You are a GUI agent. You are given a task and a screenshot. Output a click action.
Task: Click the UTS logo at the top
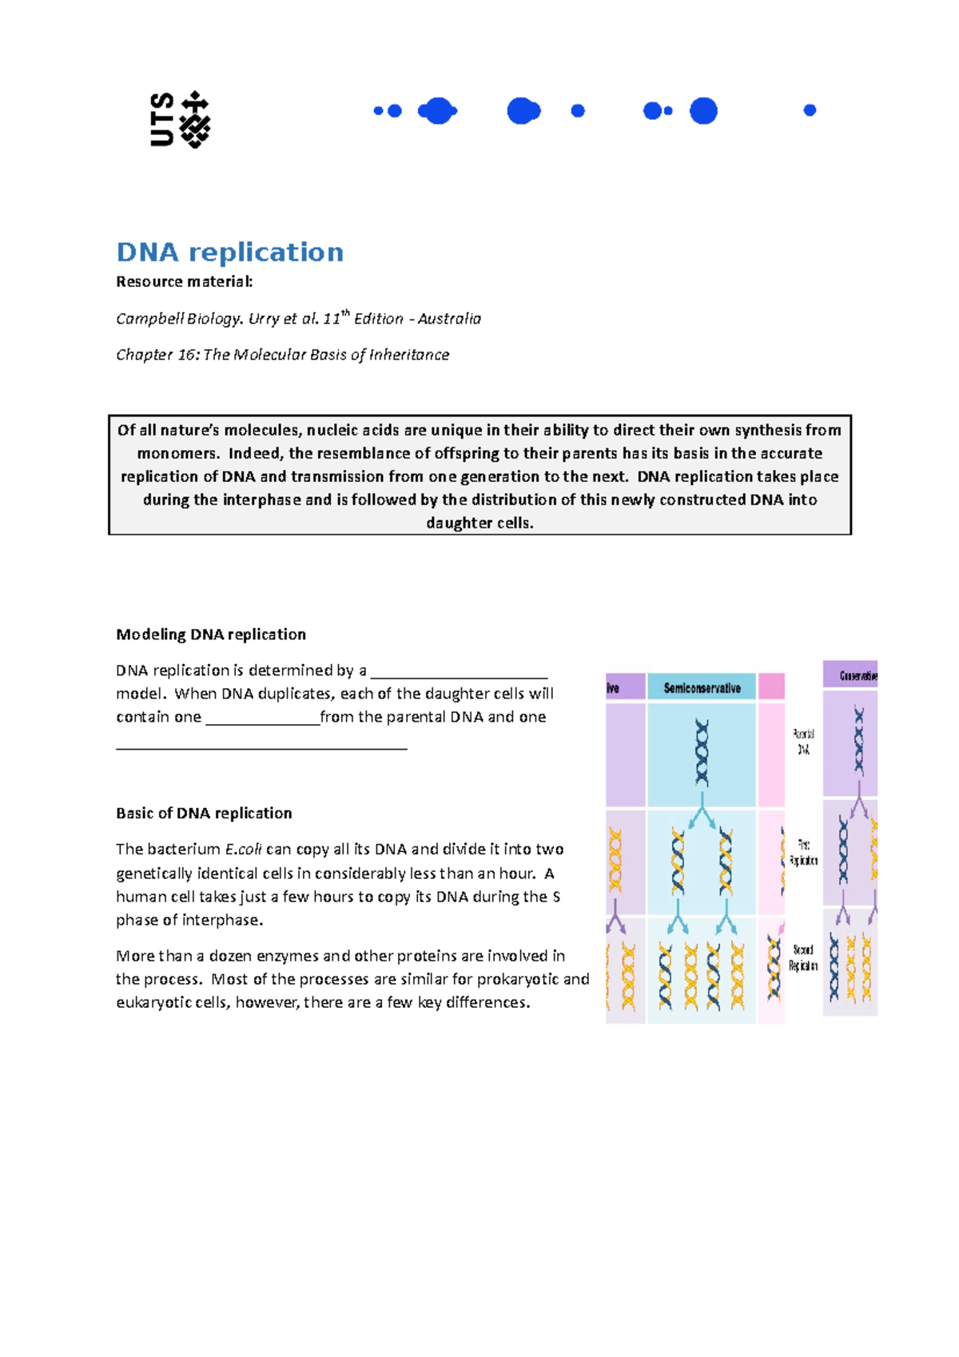pos(180,120)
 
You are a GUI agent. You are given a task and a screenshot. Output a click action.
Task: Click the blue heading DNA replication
pos(230,252)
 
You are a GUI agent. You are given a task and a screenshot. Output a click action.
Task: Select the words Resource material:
pos(185,281)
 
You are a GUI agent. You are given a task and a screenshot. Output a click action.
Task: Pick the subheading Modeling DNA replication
pos(211,635)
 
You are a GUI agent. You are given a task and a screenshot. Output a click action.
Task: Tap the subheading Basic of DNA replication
pos(204,814)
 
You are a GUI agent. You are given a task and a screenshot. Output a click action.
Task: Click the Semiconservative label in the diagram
pos(702,688)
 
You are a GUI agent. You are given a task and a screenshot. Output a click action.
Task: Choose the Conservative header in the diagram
pos(858,676)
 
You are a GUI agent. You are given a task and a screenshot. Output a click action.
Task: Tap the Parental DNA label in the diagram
pos(803,742)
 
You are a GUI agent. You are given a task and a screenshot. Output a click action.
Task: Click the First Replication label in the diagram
pos(803,853)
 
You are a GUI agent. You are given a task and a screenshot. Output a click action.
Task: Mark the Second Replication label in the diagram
pos(803,957)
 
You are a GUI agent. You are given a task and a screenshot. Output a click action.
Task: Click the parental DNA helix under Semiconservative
pos(702,753)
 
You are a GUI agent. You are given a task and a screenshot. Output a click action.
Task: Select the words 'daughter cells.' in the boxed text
pos(479,523)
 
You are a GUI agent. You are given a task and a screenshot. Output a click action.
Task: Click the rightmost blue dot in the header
pos(810,110)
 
